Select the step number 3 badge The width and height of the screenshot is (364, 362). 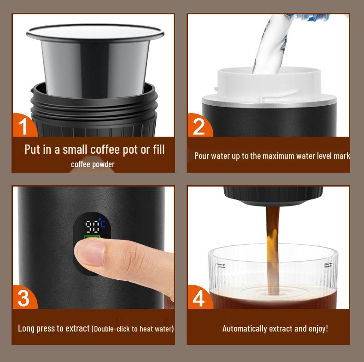point(23,298)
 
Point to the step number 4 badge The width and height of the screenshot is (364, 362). point(199,298)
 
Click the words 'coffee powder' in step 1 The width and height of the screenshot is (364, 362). point(93,164)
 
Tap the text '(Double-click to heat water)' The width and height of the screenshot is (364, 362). point(133,329)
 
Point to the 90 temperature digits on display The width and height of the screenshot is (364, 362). point(92,226)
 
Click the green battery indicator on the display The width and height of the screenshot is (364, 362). point(92,239)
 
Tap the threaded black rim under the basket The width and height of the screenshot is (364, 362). point(94,109)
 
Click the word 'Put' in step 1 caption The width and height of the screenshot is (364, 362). point(32,149)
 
